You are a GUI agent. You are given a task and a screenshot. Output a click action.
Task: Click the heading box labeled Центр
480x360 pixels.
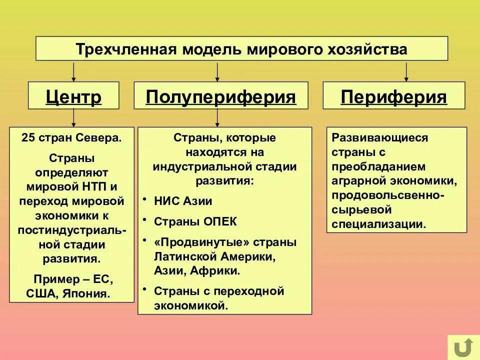click(73, 96)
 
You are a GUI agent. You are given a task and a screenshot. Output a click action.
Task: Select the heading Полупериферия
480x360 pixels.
click(220, 96)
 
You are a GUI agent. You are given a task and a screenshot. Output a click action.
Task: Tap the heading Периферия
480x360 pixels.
click(393, 96)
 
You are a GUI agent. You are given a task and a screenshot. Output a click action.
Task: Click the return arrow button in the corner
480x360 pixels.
click(463, 346)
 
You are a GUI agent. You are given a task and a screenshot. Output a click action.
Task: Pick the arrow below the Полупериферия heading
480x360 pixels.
click(217, 118)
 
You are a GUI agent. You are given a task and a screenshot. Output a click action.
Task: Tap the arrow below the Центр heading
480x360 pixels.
click(74, 118)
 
